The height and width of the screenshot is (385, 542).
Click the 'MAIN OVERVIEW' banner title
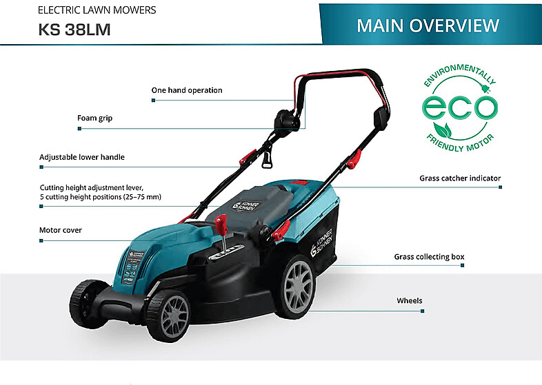point(428,25)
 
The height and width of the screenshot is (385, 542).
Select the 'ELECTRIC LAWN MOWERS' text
point(97,10)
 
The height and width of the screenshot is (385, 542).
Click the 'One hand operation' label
point(187,90)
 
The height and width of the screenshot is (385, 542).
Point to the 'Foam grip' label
point(94,118)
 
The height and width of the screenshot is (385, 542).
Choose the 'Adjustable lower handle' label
point(82,157)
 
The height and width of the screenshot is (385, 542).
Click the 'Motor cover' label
point(61,230)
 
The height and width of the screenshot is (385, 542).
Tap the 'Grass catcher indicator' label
point(460,178)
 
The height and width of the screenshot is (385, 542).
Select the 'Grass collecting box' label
point(429,257)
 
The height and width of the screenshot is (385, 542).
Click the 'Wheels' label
point(409,301)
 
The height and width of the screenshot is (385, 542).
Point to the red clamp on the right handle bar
point(354,161)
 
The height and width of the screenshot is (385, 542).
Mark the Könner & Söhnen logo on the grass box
point(323,238)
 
